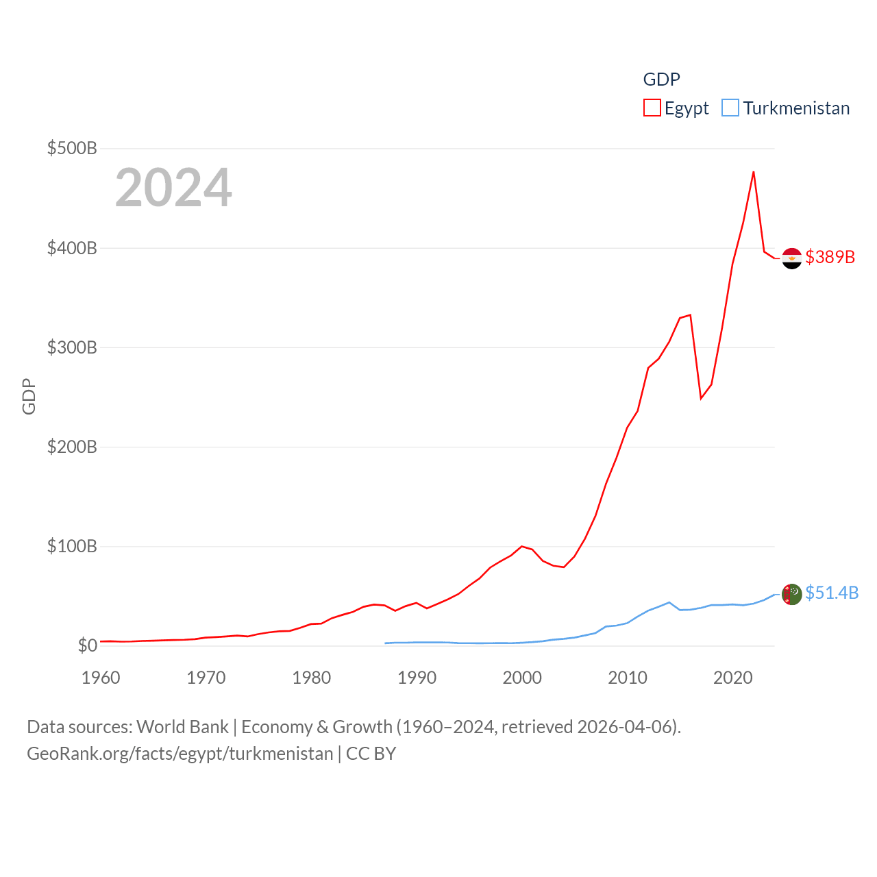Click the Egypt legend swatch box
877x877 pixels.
point(652,108)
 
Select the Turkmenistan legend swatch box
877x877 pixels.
point(730,108)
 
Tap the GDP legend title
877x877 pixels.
point(661,79)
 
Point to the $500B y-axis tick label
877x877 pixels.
point(72,148)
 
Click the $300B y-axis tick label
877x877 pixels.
point(72,347)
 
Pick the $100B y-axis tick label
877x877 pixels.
point(72,546)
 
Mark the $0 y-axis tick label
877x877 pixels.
point(87,645)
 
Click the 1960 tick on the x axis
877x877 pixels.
point(101,678)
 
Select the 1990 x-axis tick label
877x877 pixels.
point(417,678)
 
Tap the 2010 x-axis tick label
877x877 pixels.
point(628,678)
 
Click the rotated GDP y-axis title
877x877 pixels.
point(29,396)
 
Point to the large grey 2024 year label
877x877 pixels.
point(173,188)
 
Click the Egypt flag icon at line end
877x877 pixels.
point(791,258)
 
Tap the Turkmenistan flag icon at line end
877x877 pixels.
point(791,594)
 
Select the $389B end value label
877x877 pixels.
point(830,257)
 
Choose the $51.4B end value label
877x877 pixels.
point(832,593)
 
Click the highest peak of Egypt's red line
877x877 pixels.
point(754,171)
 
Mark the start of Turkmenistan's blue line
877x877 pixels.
point(386,643)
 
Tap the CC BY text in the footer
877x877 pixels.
point(371,754)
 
